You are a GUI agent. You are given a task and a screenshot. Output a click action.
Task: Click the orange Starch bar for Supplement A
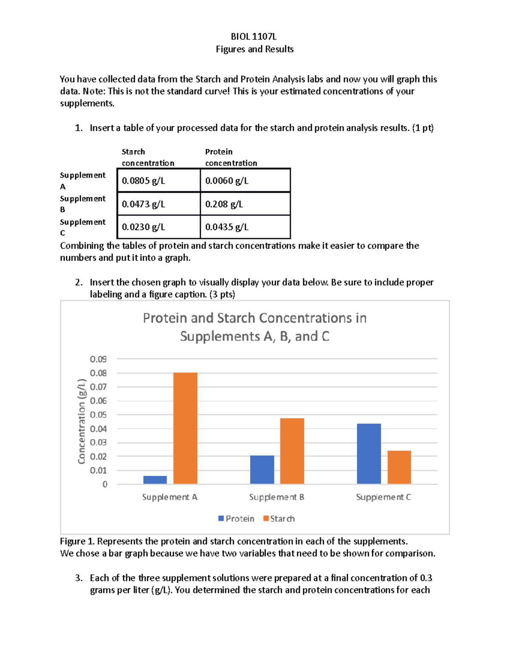click(185, 428)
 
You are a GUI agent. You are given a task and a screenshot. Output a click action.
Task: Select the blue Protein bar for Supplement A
click(155, 480)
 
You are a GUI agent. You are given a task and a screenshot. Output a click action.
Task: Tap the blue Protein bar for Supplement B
click(262, 469)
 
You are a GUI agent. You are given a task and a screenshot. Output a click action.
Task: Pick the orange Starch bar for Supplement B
click(292, 451)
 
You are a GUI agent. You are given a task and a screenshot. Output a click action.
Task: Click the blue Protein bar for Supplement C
click(368, 454)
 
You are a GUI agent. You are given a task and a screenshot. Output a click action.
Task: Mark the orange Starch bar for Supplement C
click(399, 467)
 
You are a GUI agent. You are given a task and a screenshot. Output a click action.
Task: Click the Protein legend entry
click(236, 518)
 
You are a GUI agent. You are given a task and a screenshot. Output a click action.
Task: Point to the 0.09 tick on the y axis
click(98, 359)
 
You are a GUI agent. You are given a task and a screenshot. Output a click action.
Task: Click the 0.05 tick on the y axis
click(98, 415)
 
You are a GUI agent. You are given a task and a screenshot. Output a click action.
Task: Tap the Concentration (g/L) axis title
click(82, 421)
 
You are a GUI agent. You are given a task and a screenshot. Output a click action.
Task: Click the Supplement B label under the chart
click(277, 497)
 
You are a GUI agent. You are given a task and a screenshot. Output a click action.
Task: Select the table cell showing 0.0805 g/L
click(158, 180)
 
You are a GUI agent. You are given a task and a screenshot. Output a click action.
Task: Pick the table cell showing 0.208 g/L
click(245, 204)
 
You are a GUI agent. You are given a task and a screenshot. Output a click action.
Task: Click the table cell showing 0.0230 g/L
click(158, 227)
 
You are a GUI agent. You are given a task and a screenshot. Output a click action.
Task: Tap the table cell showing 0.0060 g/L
click(245, 180)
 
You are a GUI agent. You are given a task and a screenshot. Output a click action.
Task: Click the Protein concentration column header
click(231, 157)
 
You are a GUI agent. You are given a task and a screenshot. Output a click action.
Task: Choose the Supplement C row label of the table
click(82, 227)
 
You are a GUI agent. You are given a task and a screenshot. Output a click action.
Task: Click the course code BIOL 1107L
click(254, 37)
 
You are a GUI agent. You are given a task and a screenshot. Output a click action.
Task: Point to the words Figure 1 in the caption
click(77, 541)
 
